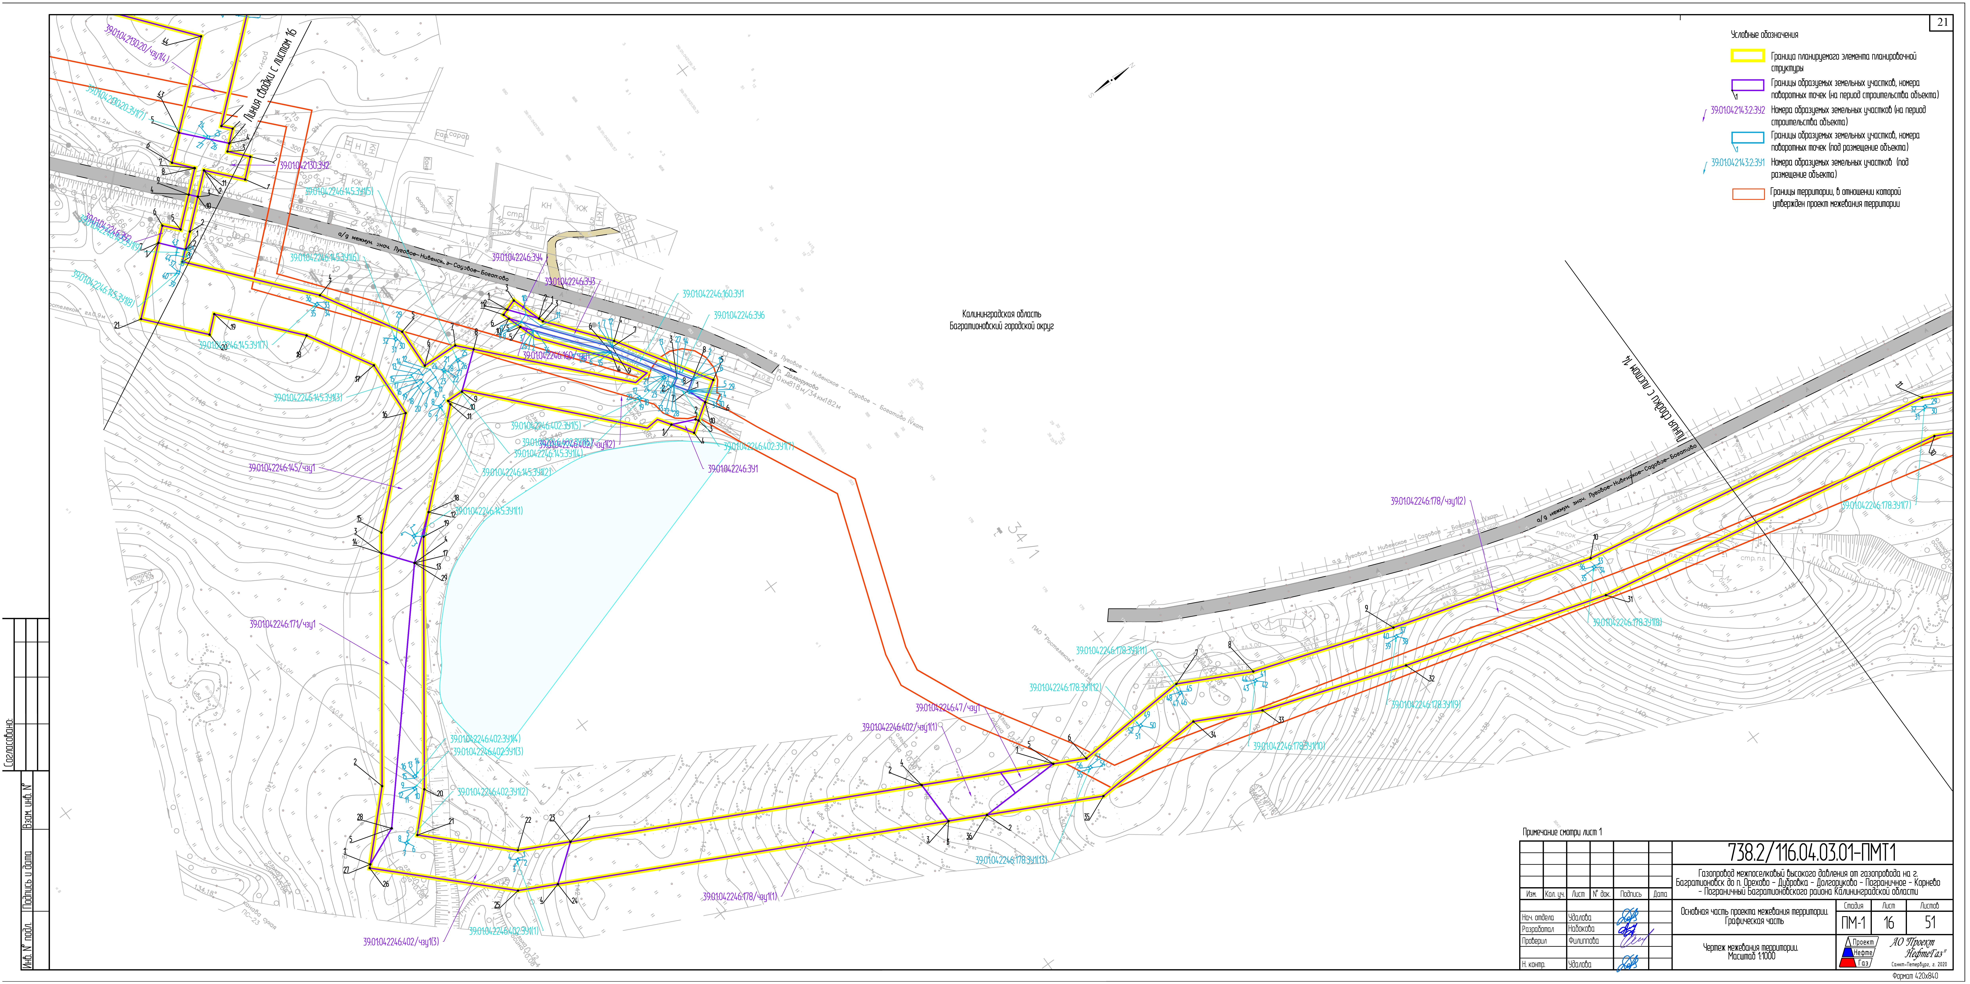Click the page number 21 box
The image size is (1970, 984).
click(x=1942, y=23)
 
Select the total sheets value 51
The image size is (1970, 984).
click(x=1930, y=923)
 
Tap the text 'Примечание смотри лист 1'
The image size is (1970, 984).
click(x=1562, y=832)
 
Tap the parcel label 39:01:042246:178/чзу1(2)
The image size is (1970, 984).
click(x=1427, y=502)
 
